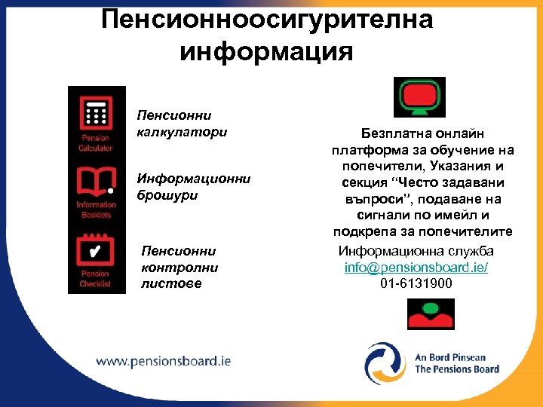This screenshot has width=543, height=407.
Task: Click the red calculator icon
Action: click(95, 115)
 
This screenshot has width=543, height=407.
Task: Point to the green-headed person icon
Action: click(431, 314)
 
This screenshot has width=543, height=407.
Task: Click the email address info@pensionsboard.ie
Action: click(416, 268)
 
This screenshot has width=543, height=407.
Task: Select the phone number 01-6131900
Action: click(416, 283)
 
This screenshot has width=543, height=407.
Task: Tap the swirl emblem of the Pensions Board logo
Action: click(386, 363)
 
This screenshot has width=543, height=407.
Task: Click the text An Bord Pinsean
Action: click(450, 357)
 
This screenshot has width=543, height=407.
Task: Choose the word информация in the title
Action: click(267, 52)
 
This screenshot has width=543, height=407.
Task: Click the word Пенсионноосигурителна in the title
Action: click(267, 19)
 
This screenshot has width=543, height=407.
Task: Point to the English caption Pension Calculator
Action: click(95, 143)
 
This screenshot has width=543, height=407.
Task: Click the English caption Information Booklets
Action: click(95, 210)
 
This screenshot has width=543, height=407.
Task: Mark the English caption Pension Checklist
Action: click(95, 279)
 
